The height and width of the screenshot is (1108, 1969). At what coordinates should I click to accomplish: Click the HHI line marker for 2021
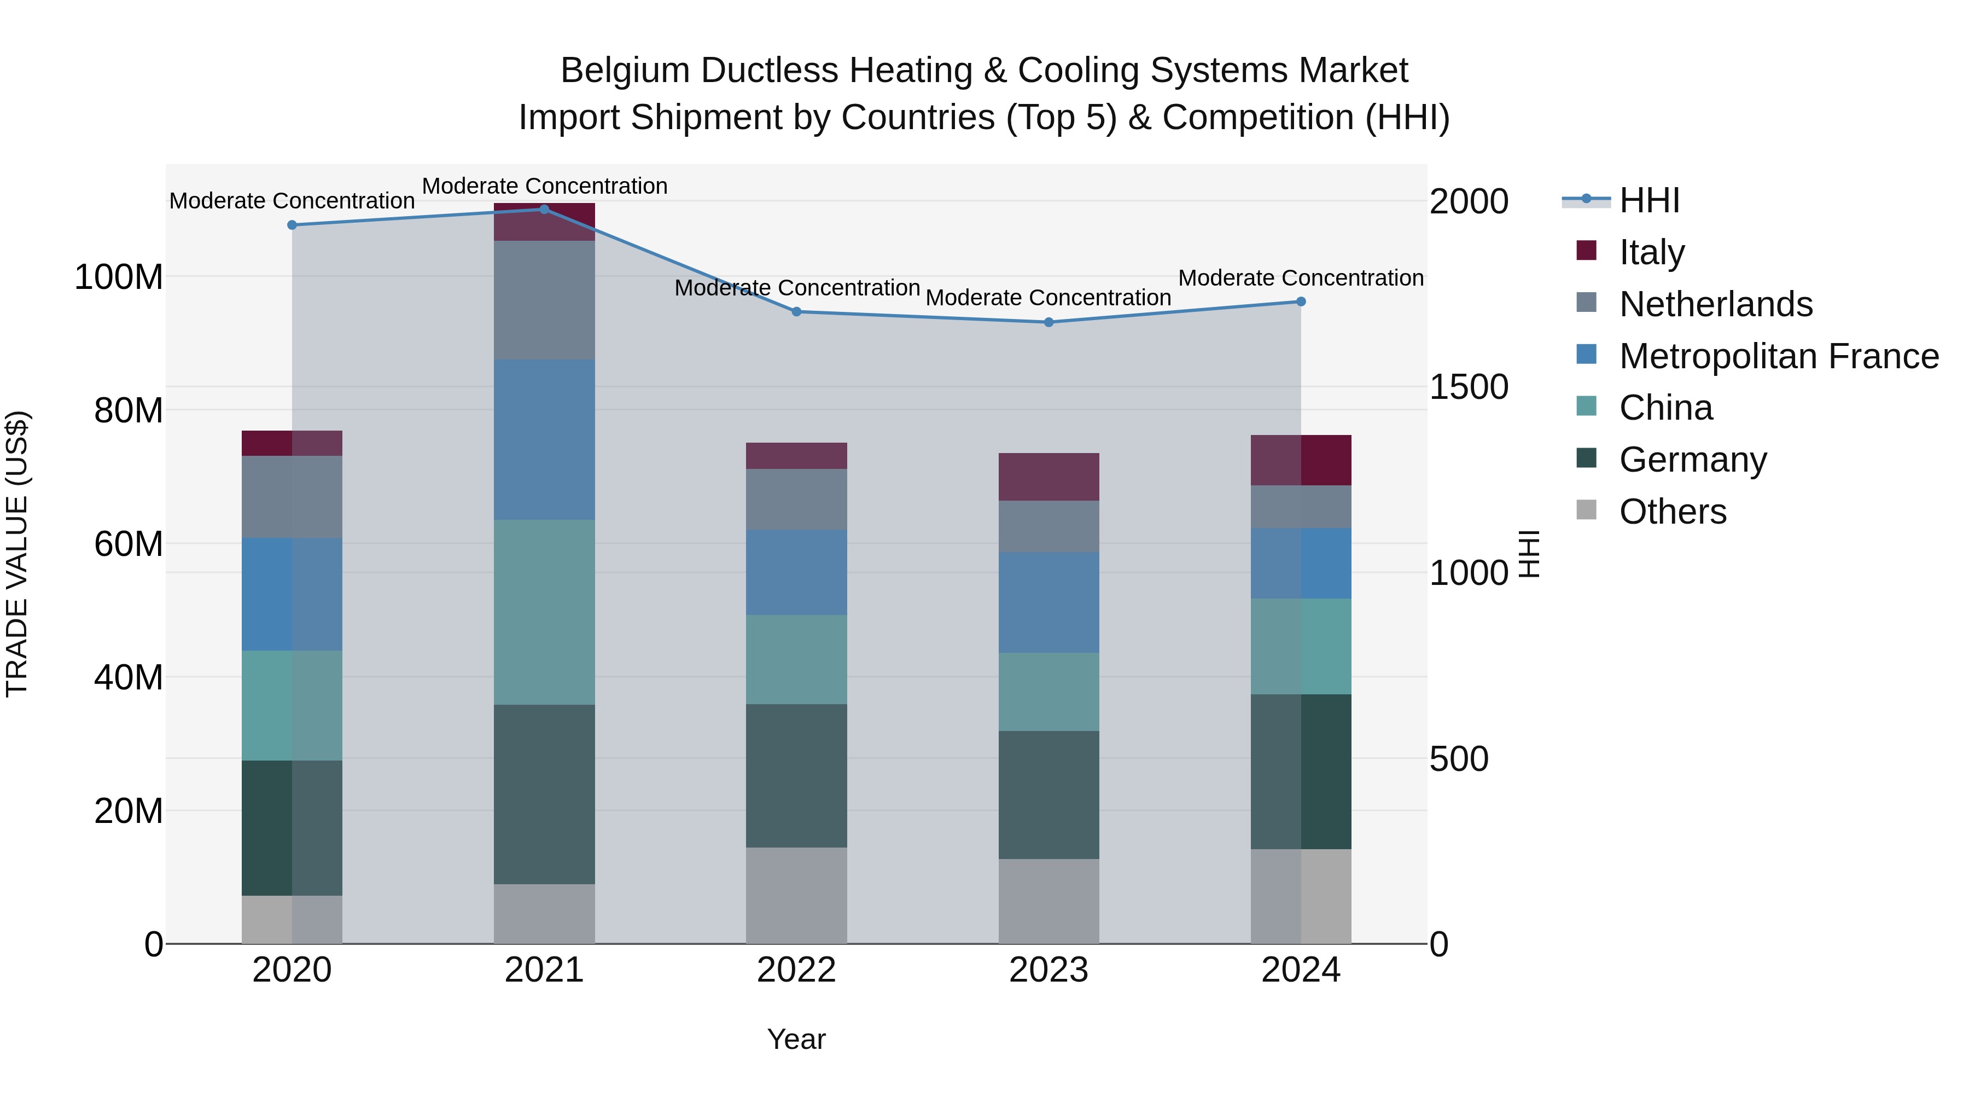tap(544, 209)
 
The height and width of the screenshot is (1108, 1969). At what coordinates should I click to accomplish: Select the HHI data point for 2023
tap(1048, 322)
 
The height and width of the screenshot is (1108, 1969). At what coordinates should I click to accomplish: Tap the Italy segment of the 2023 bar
tap(1048, 477)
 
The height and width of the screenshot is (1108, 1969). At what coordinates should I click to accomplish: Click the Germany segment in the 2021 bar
tap(544, 794)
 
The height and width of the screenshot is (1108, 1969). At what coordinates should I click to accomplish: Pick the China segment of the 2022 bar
tap(796, 659)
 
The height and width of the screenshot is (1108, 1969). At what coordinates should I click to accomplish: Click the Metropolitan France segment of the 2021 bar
tap(544, 440)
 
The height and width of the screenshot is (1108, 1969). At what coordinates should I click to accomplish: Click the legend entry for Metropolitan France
tap(1778, 356)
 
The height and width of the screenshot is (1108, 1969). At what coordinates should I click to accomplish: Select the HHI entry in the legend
tap(1648, 200)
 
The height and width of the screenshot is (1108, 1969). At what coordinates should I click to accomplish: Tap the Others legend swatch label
tap(1673, 512)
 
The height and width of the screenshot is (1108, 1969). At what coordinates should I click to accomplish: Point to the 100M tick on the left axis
tap(119, 277)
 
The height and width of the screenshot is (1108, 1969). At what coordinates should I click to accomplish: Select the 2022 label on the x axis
tap(796, 970)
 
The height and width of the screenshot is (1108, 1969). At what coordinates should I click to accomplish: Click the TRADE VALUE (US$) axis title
tap(17, 554)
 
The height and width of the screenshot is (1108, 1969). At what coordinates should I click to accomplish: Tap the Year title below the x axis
tap(796, 1039)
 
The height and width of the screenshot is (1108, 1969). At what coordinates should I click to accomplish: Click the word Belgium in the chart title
tap(625, 71)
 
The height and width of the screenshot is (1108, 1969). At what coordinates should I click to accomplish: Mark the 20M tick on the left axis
tap(129, 810)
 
